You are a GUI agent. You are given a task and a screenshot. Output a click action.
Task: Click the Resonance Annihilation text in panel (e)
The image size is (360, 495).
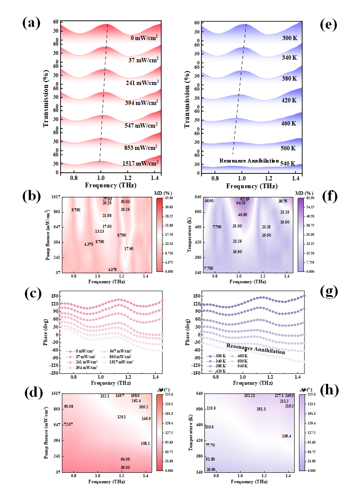[x=249, y=161]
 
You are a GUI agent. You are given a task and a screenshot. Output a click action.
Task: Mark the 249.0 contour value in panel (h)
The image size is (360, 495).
[x=290, y=396]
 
